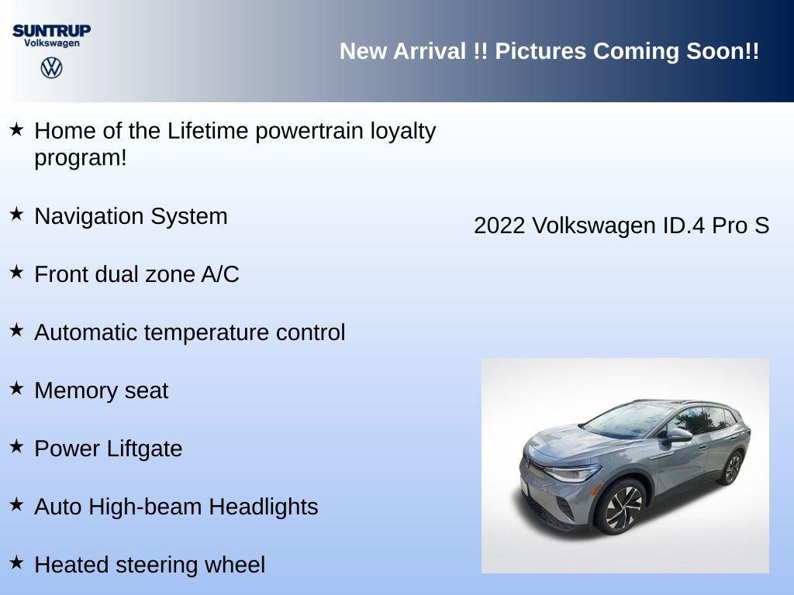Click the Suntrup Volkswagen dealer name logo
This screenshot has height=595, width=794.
(x=51, y=36)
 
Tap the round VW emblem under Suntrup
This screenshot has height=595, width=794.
(x=51, y=68)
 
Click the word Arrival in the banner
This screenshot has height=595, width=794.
(x=432, y=51)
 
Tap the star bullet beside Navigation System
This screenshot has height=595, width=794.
(x=16, y=215)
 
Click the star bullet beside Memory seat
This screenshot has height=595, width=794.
(x=16, y=389)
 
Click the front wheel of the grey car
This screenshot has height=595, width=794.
(x=621, y=507)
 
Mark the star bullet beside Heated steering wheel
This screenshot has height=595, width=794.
(x=16, y=563)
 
